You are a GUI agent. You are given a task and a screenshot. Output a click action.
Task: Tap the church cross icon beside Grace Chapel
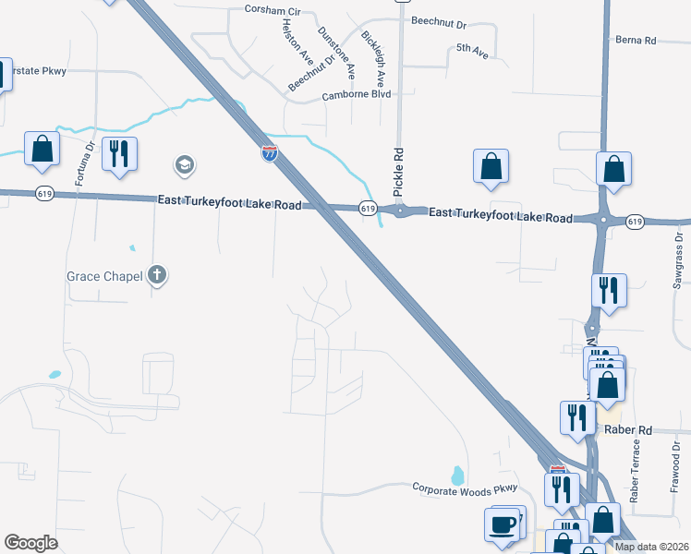point(158,274)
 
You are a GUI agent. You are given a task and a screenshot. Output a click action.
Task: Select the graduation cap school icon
point(184,165)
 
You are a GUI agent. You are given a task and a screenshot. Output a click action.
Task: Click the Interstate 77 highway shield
point(269,154)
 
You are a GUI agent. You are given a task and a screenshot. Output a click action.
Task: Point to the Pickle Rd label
point(398,172)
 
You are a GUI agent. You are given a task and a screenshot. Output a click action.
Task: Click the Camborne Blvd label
point(357,95)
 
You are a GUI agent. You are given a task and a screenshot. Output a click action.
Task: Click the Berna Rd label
point(636,41)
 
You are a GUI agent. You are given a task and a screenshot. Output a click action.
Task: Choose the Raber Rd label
point(628,429)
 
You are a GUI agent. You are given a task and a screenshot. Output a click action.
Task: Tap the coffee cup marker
point(503,524)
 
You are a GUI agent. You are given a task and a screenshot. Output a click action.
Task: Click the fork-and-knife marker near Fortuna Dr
point(119,154)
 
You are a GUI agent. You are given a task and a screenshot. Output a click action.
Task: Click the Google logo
point(30,542)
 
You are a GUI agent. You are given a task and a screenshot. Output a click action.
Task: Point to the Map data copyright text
point(649,547)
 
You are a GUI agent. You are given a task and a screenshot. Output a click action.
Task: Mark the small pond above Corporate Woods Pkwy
point(456,476)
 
